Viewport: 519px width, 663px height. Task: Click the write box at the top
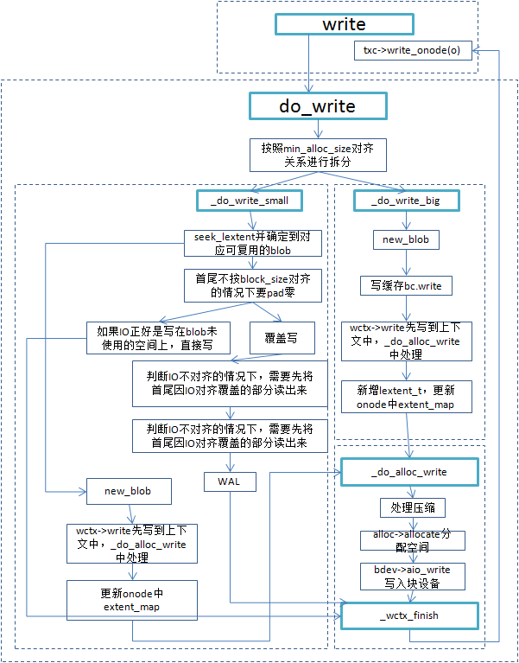click(x=344, y=24)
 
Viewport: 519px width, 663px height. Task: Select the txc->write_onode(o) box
click(x=413, y=50)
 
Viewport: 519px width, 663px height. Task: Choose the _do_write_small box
click(x=249, y=201)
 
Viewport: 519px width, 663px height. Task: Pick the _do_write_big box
click(x=406, y=201)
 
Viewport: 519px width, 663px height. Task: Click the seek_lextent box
click(x=252, y=243)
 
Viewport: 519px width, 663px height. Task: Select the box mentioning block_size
click(x=252, y=285)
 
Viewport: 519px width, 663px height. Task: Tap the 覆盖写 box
click(x=282, y=338)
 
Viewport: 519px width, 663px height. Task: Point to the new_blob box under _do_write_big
click(x=406, y=239)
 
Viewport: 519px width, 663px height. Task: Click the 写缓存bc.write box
click(x=406, y=284)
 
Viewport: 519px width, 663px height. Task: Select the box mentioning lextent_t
click(x=406, y=396)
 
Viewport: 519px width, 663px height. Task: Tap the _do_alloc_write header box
click(x=408, y=472)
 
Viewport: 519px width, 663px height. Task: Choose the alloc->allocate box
click(x=412, y=540)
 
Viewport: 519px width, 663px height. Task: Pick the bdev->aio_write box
click(x=412, y=575)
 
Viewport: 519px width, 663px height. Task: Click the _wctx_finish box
click(x=408, y=615)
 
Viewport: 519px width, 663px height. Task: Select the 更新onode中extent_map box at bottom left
click(x=132, y=600)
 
